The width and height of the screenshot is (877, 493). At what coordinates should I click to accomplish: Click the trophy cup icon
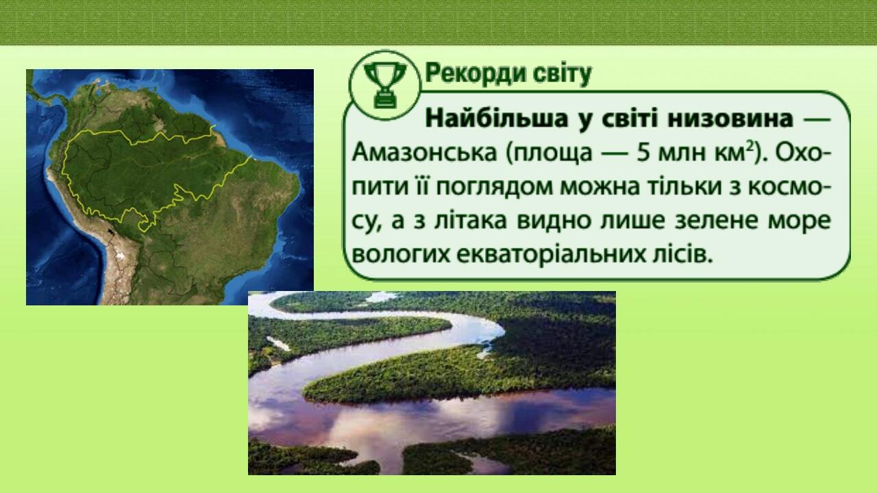(x=384, y=84)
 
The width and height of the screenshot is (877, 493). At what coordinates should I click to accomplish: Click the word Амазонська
(x=423, y=153)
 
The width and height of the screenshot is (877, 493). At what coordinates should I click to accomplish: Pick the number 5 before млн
(x=643, y=153)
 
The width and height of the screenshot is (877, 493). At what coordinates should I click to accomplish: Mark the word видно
(x=558, y=220)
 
